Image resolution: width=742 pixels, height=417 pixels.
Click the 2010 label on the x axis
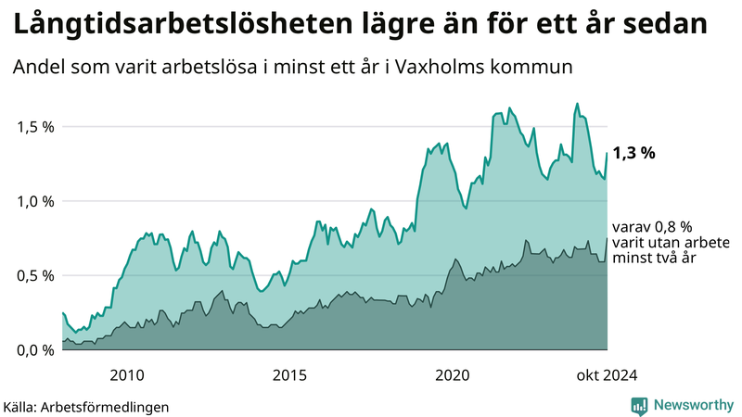click(x=127, y=374)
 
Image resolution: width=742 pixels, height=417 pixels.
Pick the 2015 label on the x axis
click(x=289, y=374)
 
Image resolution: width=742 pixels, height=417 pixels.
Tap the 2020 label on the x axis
click(x=453, y=374)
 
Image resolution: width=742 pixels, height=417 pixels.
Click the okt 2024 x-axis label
click(x=606, y=374)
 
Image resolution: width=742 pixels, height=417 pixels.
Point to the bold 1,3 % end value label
click(x=634, y=154)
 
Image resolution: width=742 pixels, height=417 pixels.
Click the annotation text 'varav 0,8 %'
click(x=653, y=227)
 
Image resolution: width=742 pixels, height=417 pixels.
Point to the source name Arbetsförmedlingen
click(x=112, y=406)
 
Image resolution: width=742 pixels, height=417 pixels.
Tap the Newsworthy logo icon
click(x=639, y=405)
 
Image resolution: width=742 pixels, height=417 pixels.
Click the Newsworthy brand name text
click(x=693, y=405)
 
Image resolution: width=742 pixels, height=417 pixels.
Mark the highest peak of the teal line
click(x=577, y=104)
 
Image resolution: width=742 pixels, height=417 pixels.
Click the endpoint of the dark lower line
click(x=608, y=239)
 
